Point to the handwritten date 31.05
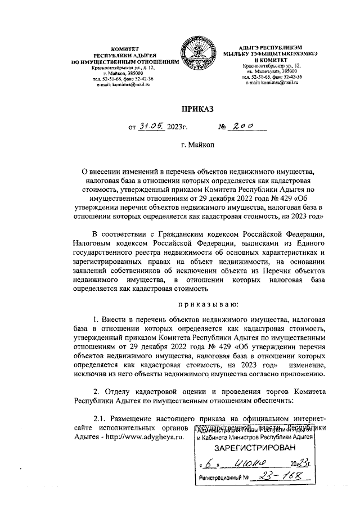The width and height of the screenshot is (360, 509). [x=152, y=127]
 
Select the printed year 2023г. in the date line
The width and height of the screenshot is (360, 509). [x=177, y=128]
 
